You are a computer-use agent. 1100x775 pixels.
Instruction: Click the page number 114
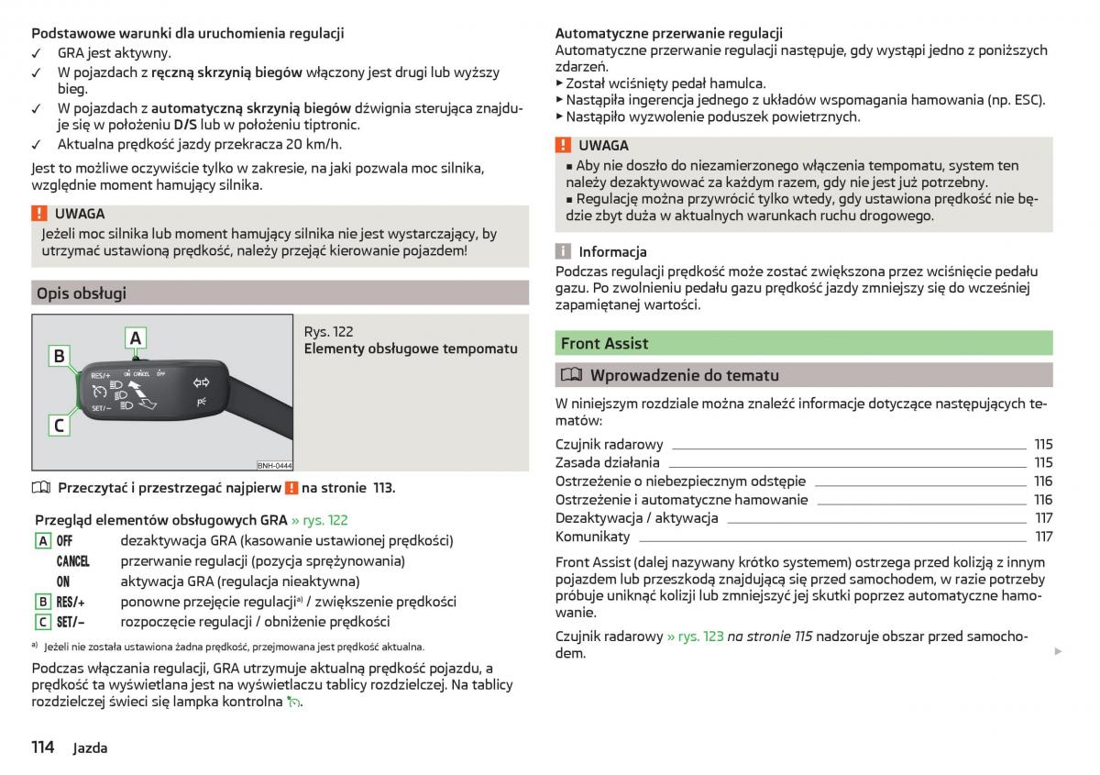click(x=43, y=747)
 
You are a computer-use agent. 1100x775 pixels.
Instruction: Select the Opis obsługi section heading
click(x=81, y=293)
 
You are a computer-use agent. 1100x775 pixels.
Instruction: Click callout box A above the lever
click(x=136, y=338)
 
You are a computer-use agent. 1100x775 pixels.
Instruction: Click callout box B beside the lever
click(x=60, y=356)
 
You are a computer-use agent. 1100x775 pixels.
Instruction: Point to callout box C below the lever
click(x=60, y=425)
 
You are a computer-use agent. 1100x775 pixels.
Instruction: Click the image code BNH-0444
click(x=274, y=465)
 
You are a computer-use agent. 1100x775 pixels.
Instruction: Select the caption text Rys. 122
click(x=328, y=332)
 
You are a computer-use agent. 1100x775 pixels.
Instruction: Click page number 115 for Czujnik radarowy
click(x=1043, y=444)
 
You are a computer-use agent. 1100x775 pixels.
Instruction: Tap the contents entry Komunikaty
click(x=592, y=537)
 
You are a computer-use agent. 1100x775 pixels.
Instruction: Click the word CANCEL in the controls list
click(x=72, y=561)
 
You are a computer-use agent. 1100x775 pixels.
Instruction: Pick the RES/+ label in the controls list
click(x=71, y=602)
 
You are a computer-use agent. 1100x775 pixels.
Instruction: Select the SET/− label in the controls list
click(x=71, y=622)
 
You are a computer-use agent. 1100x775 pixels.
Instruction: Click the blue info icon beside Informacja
click(x=564, y=251)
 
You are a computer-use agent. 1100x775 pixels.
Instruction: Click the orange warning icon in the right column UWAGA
click(x=564, y=145)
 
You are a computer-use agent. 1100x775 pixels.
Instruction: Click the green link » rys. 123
click(x=695, y=637)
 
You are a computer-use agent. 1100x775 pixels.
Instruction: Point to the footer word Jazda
click(x=90, y=747)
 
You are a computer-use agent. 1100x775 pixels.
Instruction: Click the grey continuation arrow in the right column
click(x=1057, y=652)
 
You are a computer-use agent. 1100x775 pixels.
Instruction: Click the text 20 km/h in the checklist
click(x=314, y=144)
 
